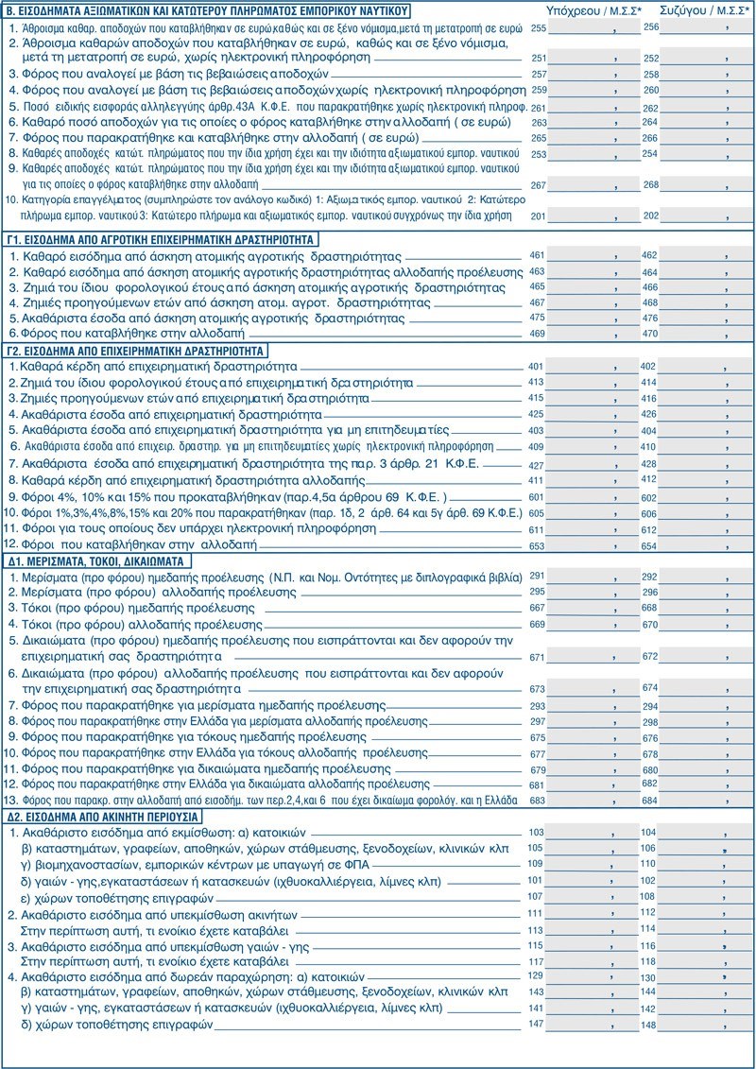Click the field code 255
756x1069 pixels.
[540, 29]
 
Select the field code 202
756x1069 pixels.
[650, 216]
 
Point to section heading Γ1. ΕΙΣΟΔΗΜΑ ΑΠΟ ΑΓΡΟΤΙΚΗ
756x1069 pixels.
[162, 239]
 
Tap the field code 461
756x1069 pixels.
[538, 255]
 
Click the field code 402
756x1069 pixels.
[648, 366]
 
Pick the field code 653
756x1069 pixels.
[538, 546]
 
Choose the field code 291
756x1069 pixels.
[538, 576]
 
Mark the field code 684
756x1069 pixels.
[650, 801]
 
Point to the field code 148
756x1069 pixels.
[648, 1025]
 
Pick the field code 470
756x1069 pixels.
[650, 334]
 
